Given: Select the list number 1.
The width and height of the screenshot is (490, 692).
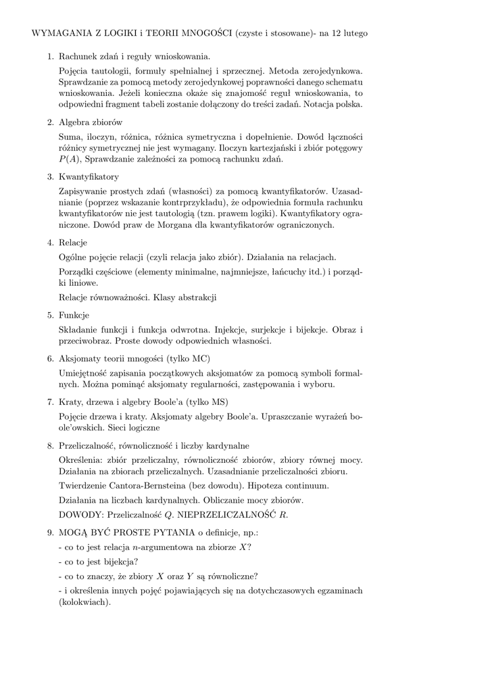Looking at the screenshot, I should (x=50, y=57).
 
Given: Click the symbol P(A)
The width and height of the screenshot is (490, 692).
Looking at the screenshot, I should (x=69, y=159).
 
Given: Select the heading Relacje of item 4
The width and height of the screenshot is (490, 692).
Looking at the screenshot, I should (x=74, y=242).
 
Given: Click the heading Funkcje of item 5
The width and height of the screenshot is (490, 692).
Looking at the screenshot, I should (x=74, y=315).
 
